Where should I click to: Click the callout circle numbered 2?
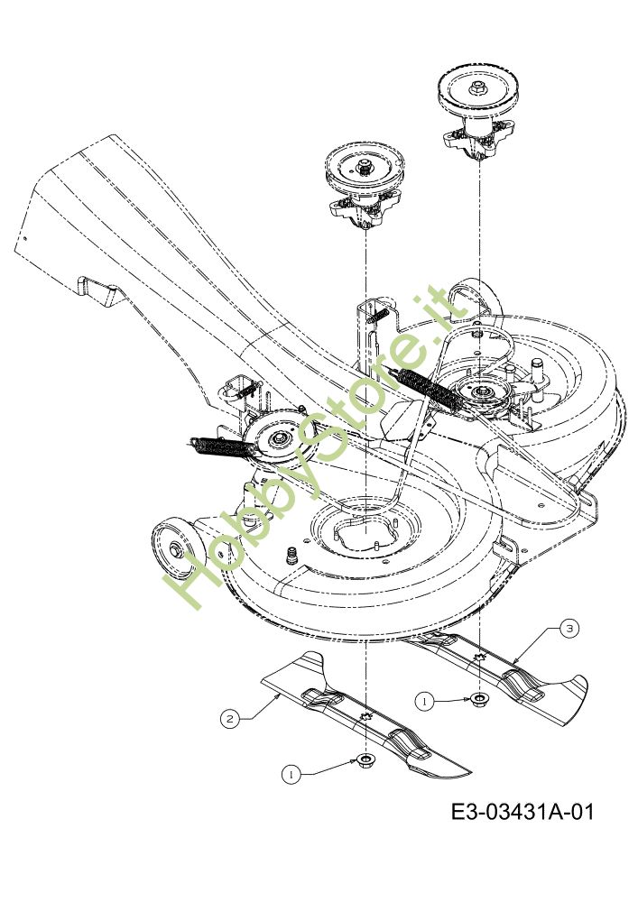tap(231, 719)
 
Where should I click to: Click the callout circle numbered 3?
tap(569, 629)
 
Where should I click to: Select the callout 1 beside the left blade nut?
tap(291, 773)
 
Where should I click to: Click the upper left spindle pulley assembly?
tap(365, 185)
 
